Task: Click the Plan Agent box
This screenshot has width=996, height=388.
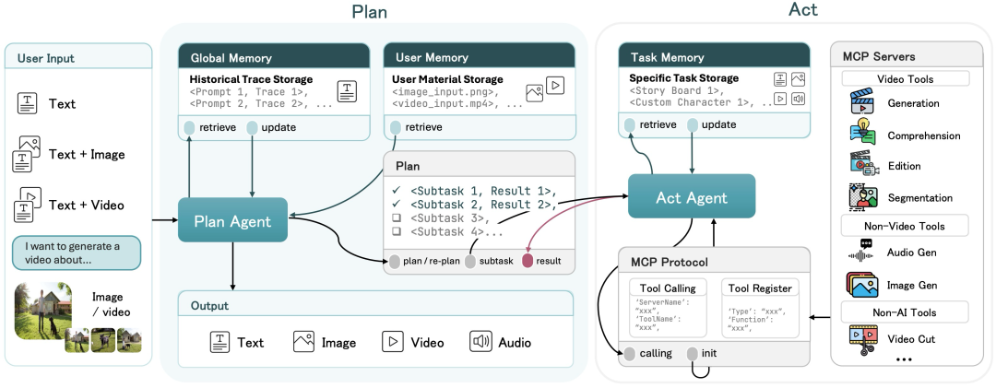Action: pos(232,221)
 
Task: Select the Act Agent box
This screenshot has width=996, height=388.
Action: pos(692,197)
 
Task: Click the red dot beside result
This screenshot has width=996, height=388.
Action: pos(528,262)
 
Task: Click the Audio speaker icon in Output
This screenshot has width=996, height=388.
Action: pos(480,342)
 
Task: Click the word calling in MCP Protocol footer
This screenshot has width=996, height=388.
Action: pos(656,354)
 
